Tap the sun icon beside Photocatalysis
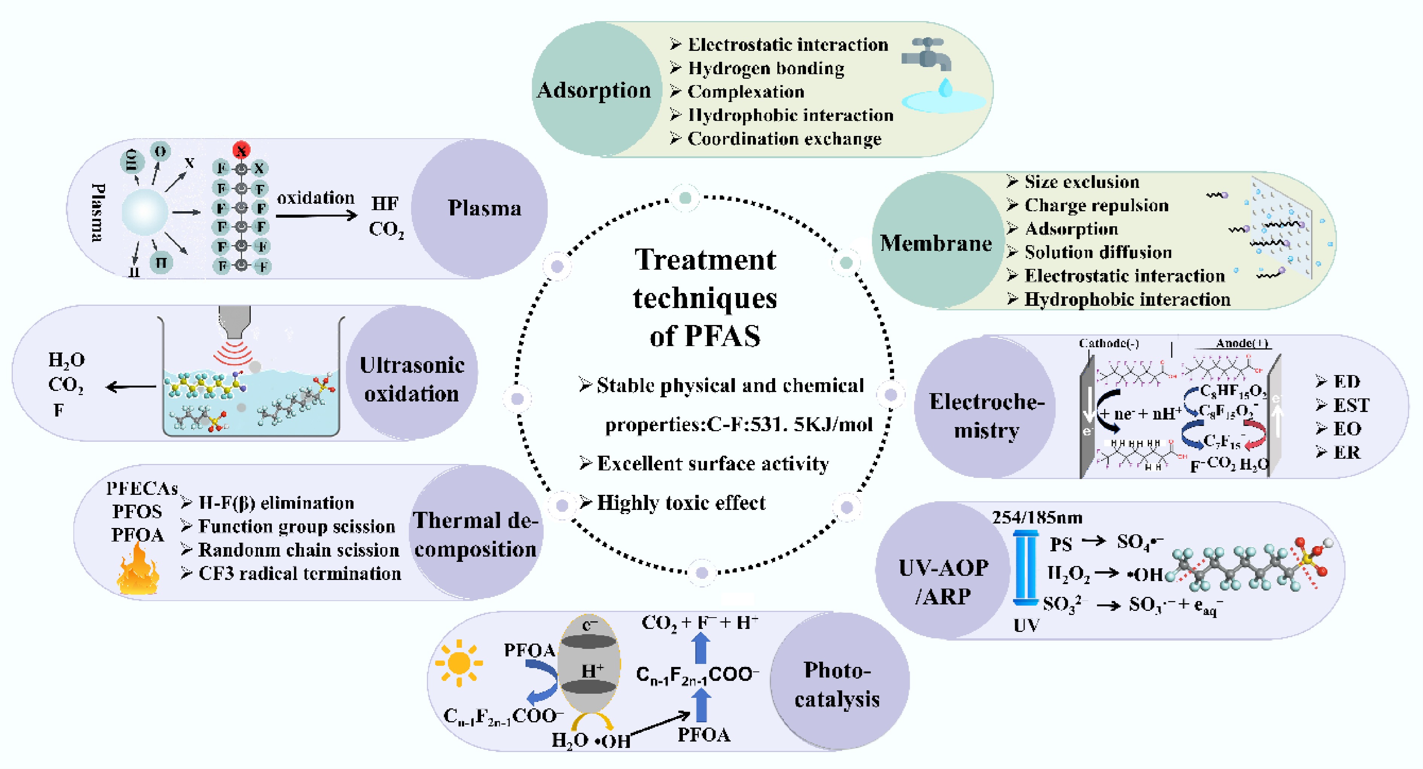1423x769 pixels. click(x=459, y=663)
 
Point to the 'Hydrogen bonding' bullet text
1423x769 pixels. click(x=766, y=69)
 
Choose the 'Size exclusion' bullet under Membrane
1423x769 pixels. click(x=1081, y=182)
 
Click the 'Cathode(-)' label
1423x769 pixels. click(x=1109, y=343)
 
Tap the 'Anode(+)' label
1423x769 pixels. click(x=1241, y=343)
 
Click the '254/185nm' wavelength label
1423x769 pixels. click(x=1037, y=518)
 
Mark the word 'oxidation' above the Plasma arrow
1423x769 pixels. click(x=315, y=198)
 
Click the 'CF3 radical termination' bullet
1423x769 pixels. click(x=299, y=574)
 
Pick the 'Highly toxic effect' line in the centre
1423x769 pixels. click(x=681, y=503)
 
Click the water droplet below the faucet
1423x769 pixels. click(x=946, y=87)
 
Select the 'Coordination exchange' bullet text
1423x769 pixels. click(x=784, y=139)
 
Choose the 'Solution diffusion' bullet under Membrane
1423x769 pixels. click(x=1098, y=252)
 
